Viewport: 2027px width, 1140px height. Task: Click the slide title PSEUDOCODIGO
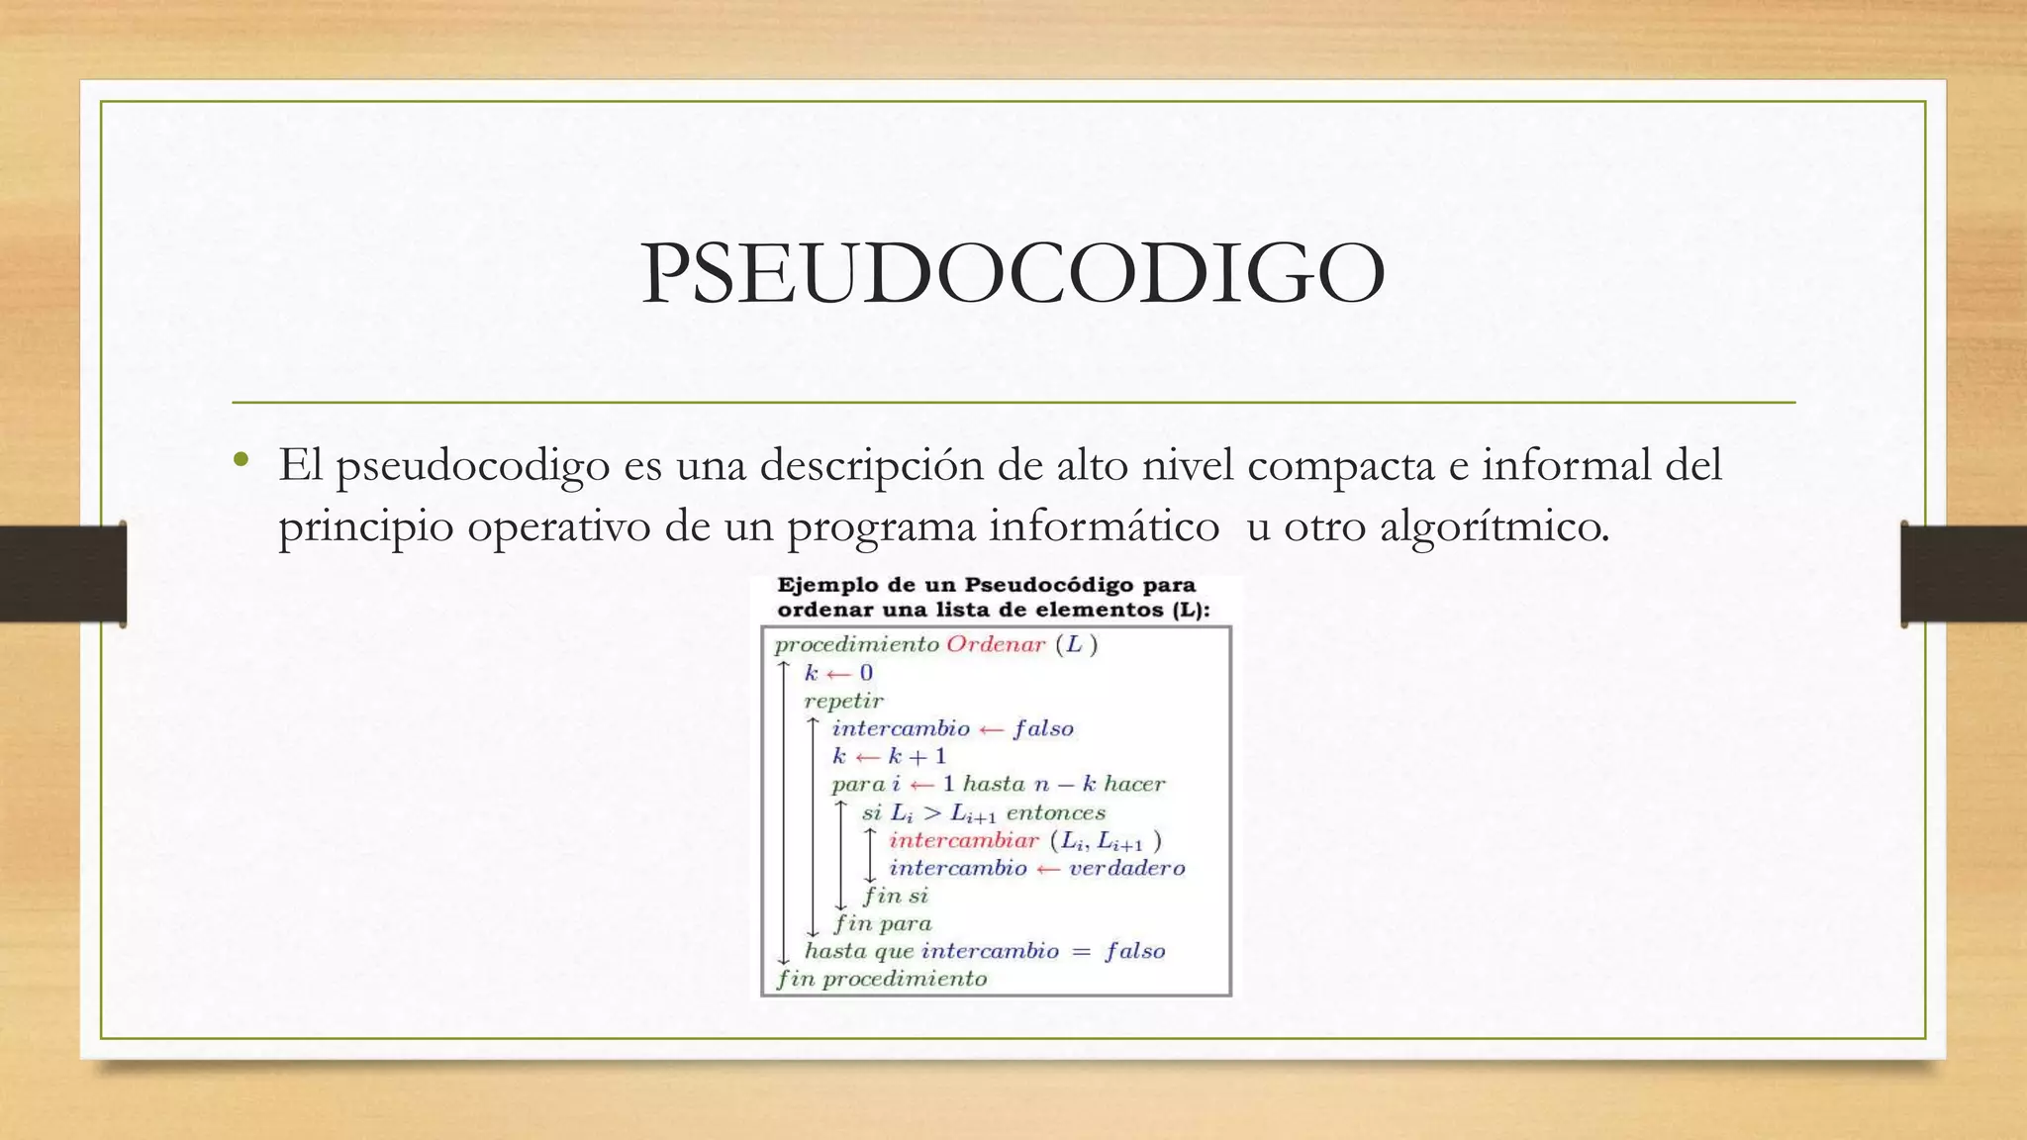(1013, 274)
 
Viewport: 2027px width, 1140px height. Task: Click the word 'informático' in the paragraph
(1104, 525)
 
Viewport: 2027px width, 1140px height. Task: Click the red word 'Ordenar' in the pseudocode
(996, 644)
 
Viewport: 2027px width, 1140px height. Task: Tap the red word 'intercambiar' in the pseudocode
(963, 840)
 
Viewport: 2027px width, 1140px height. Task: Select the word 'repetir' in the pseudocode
(843, 701)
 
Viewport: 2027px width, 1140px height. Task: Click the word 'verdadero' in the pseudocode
(1126, 868)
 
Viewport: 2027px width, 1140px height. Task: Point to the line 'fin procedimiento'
(882, 979)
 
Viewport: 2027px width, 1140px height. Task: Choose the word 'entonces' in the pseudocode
(1055, 812)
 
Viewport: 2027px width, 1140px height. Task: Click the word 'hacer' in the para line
(1134, 784)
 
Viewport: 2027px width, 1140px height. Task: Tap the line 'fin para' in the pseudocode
(882, 923)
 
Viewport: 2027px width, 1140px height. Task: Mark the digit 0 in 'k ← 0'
(866, 673)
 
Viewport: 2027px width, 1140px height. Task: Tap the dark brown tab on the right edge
(1964, 574)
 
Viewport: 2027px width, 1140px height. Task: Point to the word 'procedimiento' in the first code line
(856, 644)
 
